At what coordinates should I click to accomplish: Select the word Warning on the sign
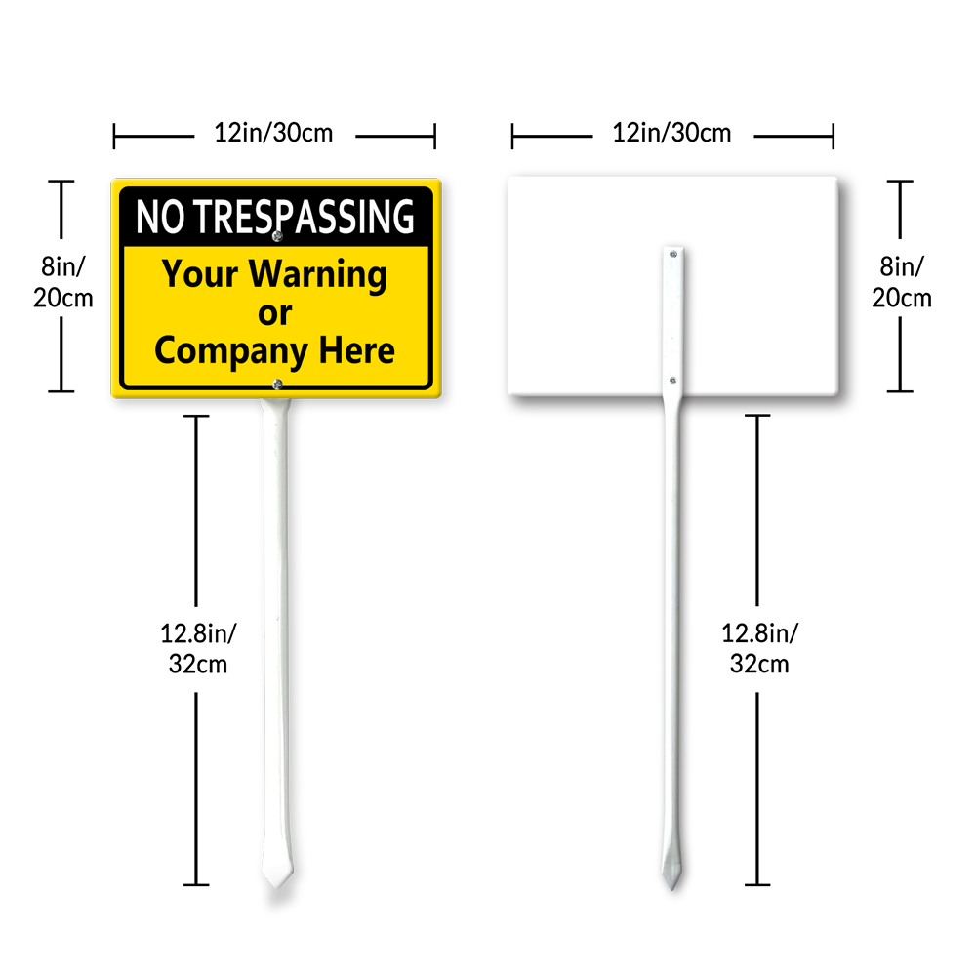(317, 275)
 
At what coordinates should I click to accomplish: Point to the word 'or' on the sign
(274, 313)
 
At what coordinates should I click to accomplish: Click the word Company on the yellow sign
(229, 351)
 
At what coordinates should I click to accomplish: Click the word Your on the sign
(201, 274)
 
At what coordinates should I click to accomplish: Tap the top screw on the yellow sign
(277, 235)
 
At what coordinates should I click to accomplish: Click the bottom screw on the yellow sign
(277, 384)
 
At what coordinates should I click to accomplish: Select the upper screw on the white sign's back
(672, 254)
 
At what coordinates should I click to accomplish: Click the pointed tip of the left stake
(276, 882)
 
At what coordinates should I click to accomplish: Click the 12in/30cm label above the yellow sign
(273, 134)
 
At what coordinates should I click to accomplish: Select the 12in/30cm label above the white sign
(671, 134)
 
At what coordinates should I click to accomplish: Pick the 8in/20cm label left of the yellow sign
(62, 281)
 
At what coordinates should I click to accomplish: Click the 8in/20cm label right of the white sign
(901, 281)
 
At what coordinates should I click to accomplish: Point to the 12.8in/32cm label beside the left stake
(198, 648)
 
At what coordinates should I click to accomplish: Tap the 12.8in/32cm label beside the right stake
(759, 648)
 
